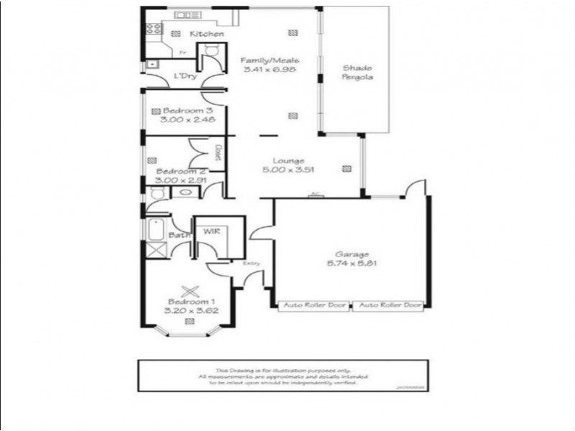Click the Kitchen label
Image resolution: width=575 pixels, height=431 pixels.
tap(206, 34)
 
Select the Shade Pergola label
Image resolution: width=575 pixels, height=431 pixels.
tap(356, 73)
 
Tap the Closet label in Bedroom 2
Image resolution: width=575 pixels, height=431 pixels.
tap(217, 152)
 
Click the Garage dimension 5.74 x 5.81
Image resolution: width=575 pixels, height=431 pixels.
tap(352, 263)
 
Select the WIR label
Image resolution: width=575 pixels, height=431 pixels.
tap(211, 232)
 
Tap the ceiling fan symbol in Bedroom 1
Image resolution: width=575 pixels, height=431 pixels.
tap(190, 292)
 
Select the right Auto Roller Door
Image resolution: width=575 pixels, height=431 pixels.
tap(389, 305)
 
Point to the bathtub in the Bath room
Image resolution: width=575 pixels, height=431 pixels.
tap(156, 231)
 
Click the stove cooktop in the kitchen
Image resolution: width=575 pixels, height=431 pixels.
tap(152, 31)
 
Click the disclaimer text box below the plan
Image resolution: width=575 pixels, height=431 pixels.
tap(284, 376)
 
